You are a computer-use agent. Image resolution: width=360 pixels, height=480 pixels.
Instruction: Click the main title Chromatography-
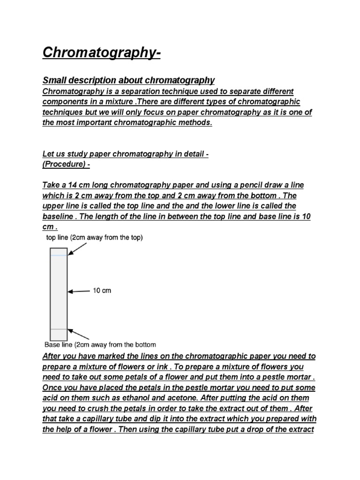click(101, 52)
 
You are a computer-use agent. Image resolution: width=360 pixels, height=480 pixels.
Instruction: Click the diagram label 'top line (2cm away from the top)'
click(94, 237)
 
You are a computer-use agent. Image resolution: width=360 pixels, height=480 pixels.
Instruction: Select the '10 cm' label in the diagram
click(102, 291)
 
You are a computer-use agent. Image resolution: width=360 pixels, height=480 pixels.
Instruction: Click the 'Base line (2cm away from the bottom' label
click(100, 345)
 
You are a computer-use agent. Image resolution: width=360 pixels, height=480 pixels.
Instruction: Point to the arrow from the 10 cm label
click(79, 291)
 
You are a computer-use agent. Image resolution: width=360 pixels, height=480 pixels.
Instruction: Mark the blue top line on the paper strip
click(59, 255)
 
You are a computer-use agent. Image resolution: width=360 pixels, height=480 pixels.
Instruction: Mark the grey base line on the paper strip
click(59, 329)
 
